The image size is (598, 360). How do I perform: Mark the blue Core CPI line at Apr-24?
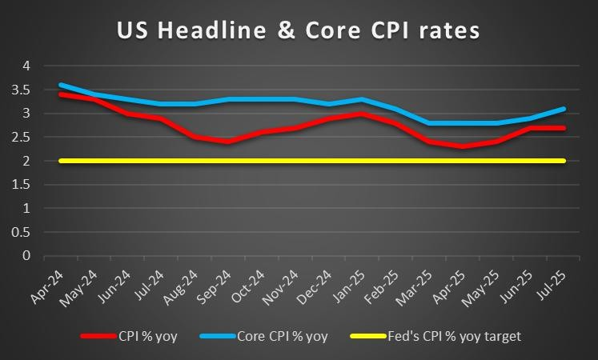point(61,85)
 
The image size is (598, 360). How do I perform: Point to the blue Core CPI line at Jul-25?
point(564,109)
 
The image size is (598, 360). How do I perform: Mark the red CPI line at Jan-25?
point(363,114)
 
